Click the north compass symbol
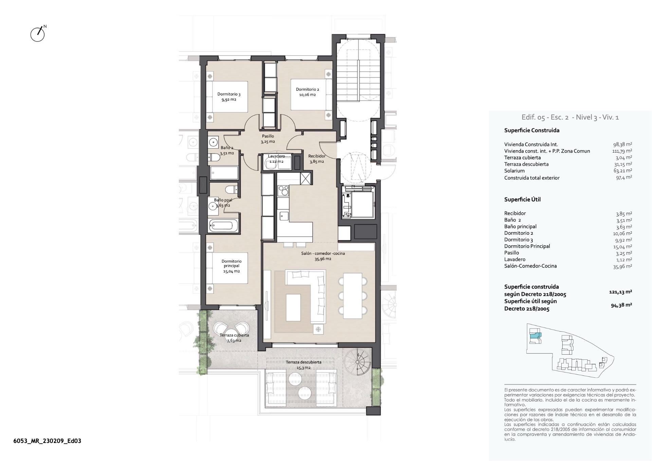tap(38, 34)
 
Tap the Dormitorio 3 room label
tap(229, 97)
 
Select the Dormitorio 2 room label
tap(307, 92)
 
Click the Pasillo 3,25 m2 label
tap(268, 139)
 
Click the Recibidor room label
tap(316, 159)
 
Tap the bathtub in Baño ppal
tap(221, 225)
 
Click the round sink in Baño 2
tap(214, 142)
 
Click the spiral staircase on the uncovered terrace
tap(357, 362)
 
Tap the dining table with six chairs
tap(352, 296)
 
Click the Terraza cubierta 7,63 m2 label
tap(234, 338)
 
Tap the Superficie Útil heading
tap(522, 199)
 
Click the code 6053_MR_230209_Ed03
tap(47, 441)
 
